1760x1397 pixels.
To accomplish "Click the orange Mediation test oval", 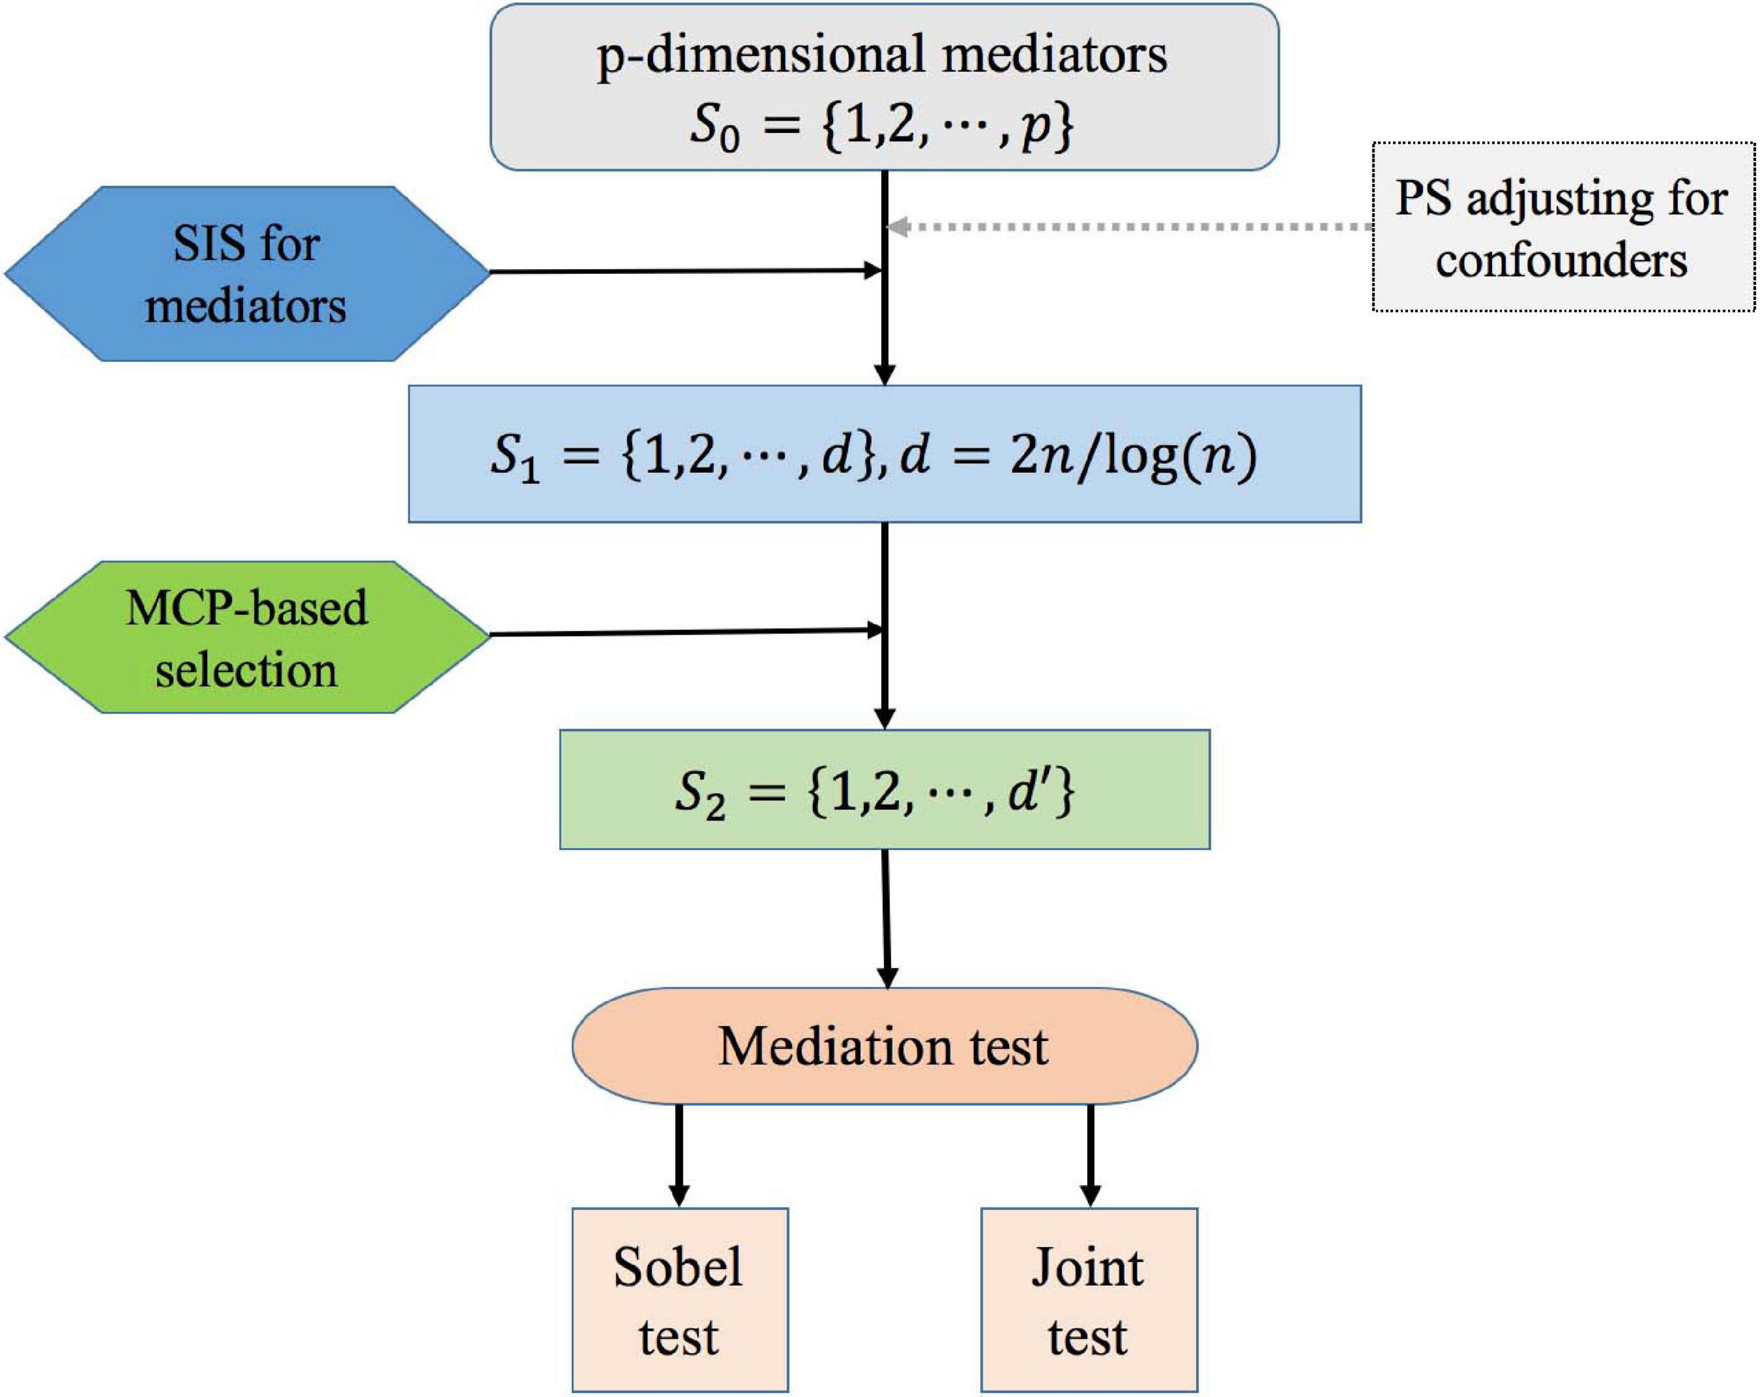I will [x=884, y=1047].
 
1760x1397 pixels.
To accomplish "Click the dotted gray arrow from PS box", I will [x=1126, y=227].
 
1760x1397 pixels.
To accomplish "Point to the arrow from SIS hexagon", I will [x=686, y=271].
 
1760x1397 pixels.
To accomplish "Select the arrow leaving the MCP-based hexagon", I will [x=686, y=632].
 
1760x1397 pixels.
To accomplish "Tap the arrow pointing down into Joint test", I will [x=1090, y=1156].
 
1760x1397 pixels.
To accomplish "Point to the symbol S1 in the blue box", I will [x=513, y=459].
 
